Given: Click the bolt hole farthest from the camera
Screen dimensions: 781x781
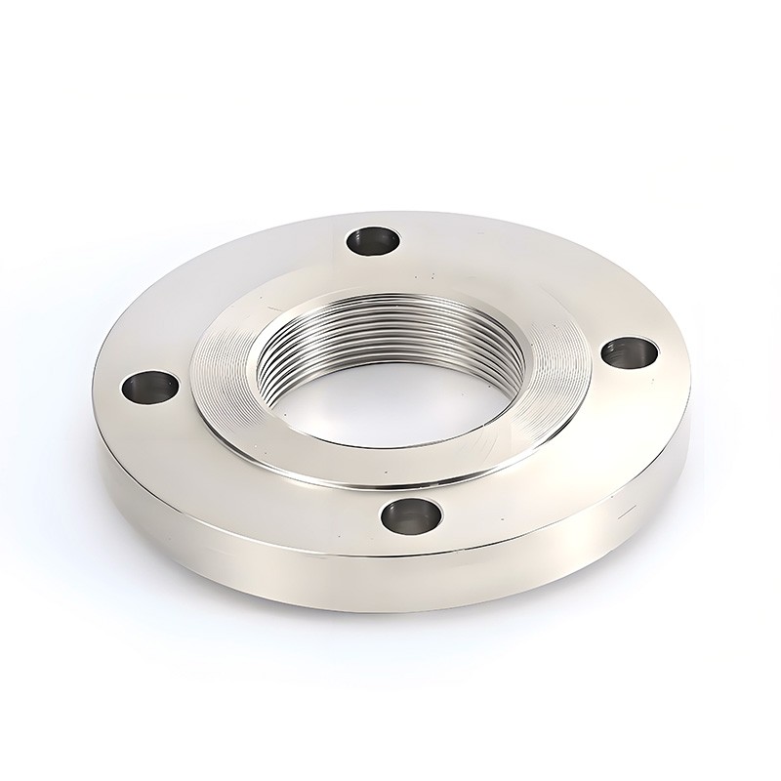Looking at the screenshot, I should click(x=372, y=238).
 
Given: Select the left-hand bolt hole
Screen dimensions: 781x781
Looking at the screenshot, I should click(x=148, y=389).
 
